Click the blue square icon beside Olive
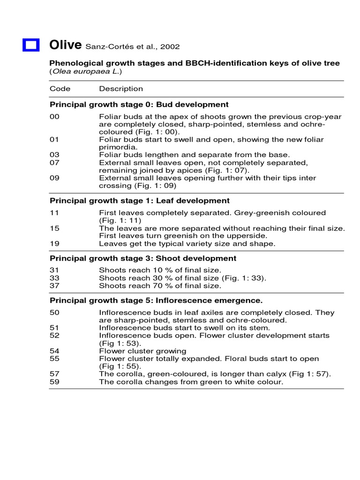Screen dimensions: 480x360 click(x=31, y=45)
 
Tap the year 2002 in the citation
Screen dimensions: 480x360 click(x=170, y=47)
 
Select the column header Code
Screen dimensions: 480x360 click(x=60, y=89)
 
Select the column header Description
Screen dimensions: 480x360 click(x=121, y=89)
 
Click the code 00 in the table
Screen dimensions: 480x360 click(x=54, y=117)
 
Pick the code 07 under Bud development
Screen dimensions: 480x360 click(x=54, y=163)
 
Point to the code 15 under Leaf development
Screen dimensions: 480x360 click(x=54, y=228)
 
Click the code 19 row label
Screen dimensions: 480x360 click(x=54, y=244)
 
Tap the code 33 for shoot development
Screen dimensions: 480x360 click(x=54, y=278)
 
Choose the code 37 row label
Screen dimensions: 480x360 click(x=54, y=285)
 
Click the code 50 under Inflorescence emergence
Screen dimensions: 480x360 click(x=54, y=312)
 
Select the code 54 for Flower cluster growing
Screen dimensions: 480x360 click(x=54, y=351)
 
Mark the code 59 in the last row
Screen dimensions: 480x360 click(x=54, y=382)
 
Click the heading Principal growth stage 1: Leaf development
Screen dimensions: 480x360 click(x=140, y=201)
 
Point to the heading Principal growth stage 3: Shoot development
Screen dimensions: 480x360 click(x=143, y=258)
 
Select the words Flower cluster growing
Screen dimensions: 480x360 click(x=142, y=351)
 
